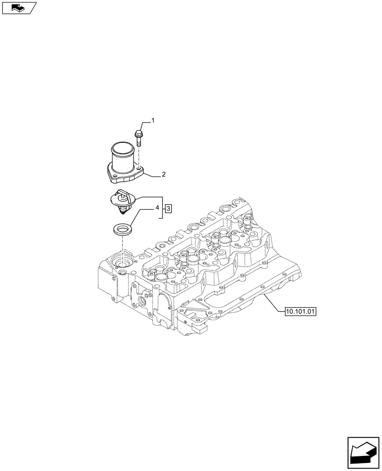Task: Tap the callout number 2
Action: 163,175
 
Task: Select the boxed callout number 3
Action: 168,208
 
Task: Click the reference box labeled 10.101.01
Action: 301,311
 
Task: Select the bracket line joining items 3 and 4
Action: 163,208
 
